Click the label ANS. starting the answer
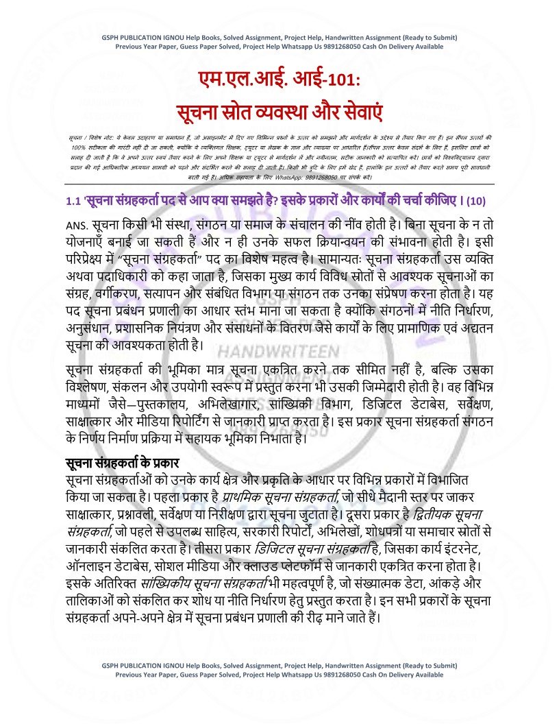(80, 226)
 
